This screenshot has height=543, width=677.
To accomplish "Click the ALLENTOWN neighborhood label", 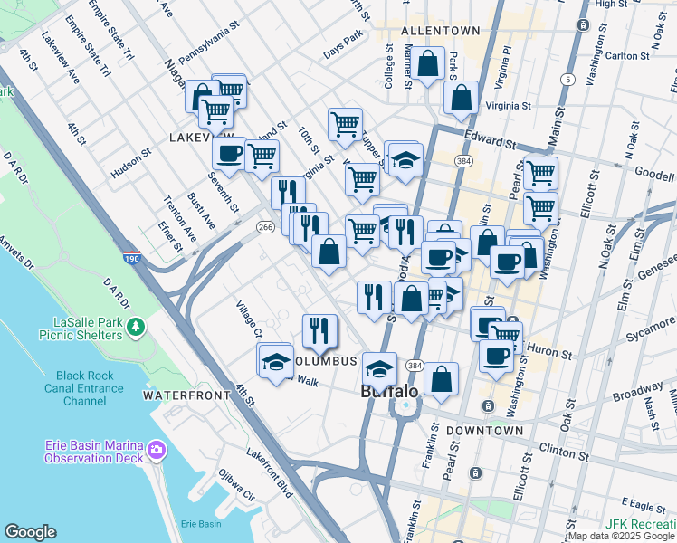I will coord(441,31).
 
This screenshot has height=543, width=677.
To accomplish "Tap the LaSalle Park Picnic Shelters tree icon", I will coord(137,326).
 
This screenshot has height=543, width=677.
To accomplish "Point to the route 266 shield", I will coord(265,227).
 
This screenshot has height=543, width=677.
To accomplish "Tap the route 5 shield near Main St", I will coord(567,80).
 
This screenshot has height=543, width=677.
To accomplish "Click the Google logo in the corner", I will coord(30,533).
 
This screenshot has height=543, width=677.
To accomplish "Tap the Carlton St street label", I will coord(628,55).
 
